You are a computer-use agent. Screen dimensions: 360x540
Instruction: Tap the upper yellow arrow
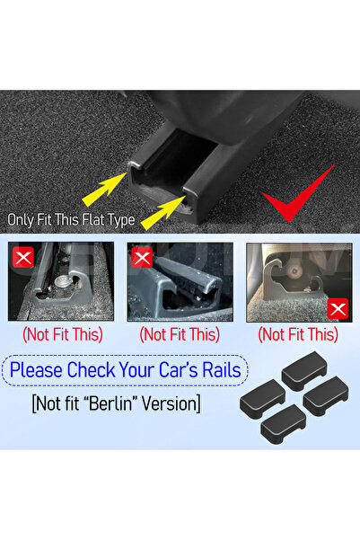click(x=104, y=190)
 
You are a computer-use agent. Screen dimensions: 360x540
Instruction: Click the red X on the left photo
click(x=23, y=257)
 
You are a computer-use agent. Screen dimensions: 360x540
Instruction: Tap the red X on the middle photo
click(x=142, y=257)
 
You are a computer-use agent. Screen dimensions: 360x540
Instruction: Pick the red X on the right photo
click(x=338, y=309)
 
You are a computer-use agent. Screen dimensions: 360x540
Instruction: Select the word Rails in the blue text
click(x=222, y=370)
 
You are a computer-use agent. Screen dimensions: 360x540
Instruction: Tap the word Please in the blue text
click(x=37, y=370)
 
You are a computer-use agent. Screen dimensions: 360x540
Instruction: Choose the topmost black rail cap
click(x=303, y=370)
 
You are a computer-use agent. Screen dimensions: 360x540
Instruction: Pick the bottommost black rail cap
click(x=284, y=424)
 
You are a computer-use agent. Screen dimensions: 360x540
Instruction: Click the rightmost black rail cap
click(x=325, y=396)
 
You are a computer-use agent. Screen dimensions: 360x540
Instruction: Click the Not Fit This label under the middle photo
click(x=180, y=334)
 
